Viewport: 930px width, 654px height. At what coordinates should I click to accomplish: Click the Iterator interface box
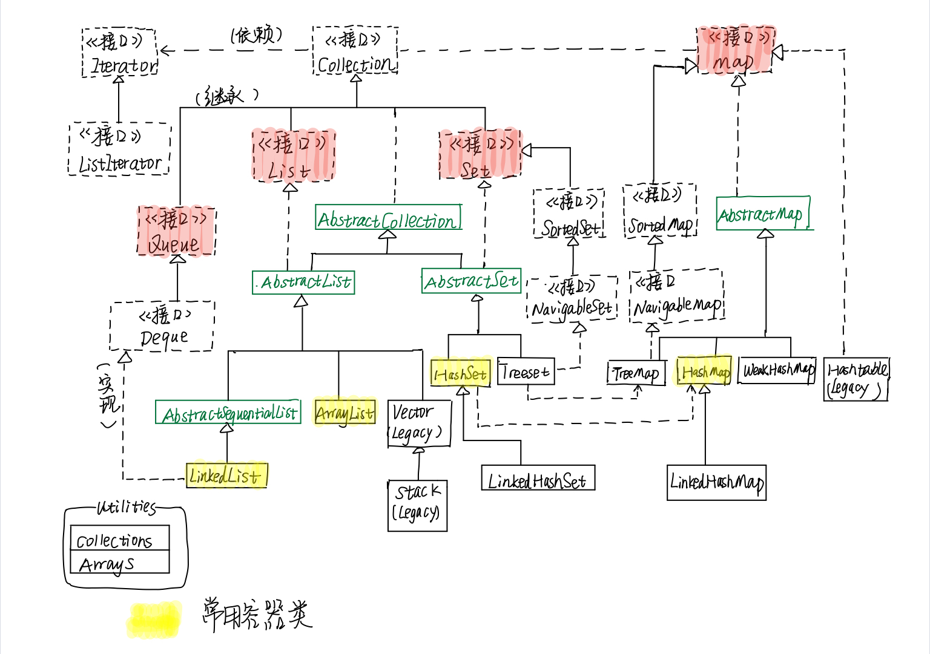(x=120, y=53)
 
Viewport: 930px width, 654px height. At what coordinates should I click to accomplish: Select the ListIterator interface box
(x=120, y=149)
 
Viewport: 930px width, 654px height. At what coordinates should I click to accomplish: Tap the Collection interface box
(x=355, y=51)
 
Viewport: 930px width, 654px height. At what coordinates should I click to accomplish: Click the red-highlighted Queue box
(x=177, y=232)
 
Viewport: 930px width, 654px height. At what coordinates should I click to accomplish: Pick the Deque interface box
(x=162, y=326)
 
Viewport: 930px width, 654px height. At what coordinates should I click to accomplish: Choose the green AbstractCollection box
(x=388, y=218)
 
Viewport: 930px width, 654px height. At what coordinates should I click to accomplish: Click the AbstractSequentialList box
(x=228, y=413)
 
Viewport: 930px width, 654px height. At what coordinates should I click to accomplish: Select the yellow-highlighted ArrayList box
(x=345, y=413)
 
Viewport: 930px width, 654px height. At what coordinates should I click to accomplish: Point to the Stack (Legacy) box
(x=418, y=506)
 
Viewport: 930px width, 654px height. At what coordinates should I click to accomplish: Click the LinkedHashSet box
(x=538, y=478)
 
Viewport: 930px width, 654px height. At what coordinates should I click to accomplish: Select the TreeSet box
(x=526, y=371)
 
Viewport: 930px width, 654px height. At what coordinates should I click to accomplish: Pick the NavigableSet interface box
(x=572, y=299)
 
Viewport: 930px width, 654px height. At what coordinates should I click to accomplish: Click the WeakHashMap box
(x=777, y=370)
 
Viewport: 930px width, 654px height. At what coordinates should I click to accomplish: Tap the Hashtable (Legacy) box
(x=856, y=379)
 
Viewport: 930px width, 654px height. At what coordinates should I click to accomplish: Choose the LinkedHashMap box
(x=716, y=482)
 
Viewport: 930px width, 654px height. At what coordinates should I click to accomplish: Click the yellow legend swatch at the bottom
(x=154, y=619)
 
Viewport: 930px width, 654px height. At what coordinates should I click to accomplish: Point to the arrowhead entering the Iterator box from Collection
(x=165, y=51)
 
